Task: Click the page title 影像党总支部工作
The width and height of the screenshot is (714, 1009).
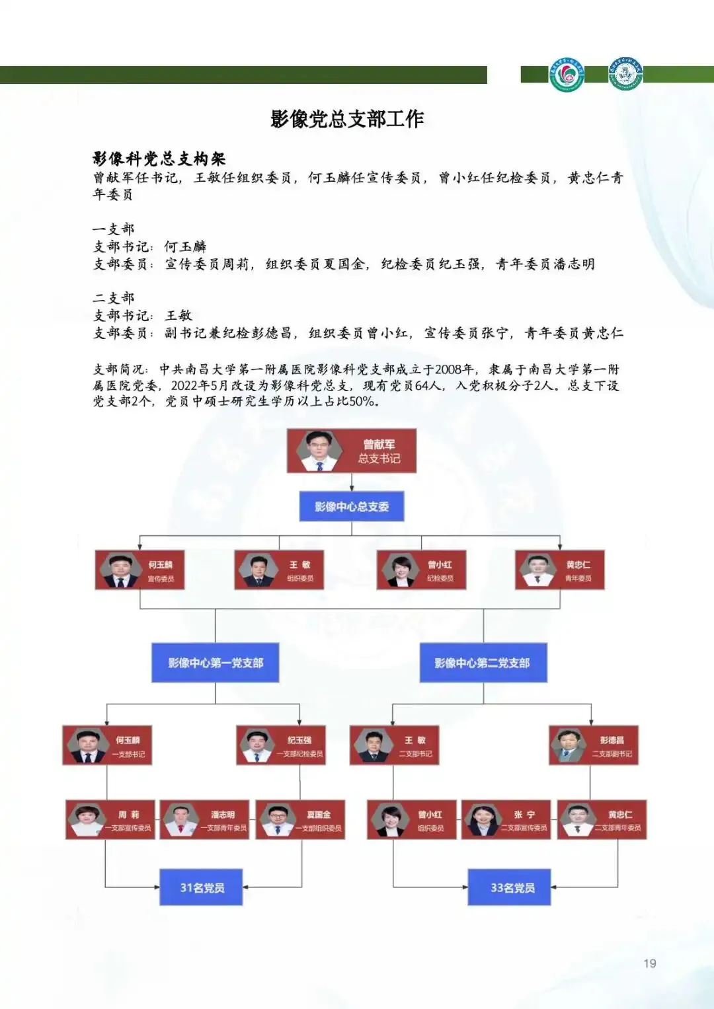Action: click(x=347, y=119)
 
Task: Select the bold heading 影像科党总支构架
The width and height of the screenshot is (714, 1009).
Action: click(x=159, y=159)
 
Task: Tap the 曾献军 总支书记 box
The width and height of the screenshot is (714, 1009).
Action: click(x=351, y=451)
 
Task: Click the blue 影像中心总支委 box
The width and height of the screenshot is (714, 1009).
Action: click(x=351, y=507)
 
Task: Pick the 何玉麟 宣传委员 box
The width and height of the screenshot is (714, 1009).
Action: click(x=139, y=570)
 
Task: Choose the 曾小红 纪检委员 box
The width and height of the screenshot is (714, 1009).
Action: click(x=421, y=570)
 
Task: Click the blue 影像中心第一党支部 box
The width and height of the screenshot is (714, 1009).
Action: click(x=215, y=663)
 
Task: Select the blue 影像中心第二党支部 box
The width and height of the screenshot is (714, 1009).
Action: click(x=483, y=663)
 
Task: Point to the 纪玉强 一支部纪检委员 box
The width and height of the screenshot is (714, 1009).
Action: click(x=281, y=745)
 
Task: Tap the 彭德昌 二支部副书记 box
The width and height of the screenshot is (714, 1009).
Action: click(x=593, y=745)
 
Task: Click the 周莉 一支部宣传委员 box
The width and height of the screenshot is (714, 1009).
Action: click(x=110, y=820)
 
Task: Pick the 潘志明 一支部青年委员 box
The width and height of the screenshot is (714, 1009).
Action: click(x=205, y=820)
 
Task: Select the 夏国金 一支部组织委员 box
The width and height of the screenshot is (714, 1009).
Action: click(x=300, y=820)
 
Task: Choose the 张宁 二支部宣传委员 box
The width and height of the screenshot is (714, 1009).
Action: click(x=506, y=820)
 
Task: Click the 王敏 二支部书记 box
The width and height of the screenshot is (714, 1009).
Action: click(x=393, y=745)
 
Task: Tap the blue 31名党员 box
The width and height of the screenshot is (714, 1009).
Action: click(x=202, y=887)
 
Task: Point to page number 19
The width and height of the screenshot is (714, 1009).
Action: click(x=650, y=963)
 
